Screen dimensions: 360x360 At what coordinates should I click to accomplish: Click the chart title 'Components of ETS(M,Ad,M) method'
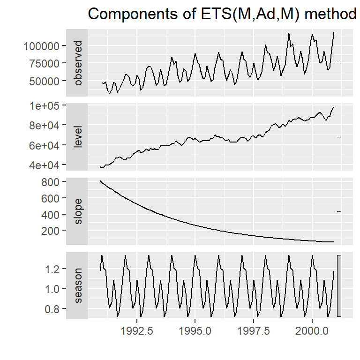pyautogui.click(x=222, y=14)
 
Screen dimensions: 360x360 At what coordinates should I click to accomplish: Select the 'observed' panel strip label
pyautogui.click(x=77, y=63)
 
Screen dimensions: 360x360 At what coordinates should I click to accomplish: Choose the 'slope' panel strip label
pyautogui.click(x=77, y=211)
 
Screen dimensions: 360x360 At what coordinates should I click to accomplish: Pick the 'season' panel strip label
pyautogui.click(x=77, y=285)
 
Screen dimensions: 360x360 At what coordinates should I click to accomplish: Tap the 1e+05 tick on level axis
pyautogui.click(x=46, y=106)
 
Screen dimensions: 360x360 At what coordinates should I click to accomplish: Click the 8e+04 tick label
pyautogui.click(x=46, y=126)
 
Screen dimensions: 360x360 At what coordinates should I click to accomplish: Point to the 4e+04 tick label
pyautogui.click(x=46, y=165)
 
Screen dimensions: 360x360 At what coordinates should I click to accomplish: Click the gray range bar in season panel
pyautogui.click(x=339, y=286)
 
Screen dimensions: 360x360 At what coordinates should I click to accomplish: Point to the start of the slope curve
pyautogui.click(x=100, y=181)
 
